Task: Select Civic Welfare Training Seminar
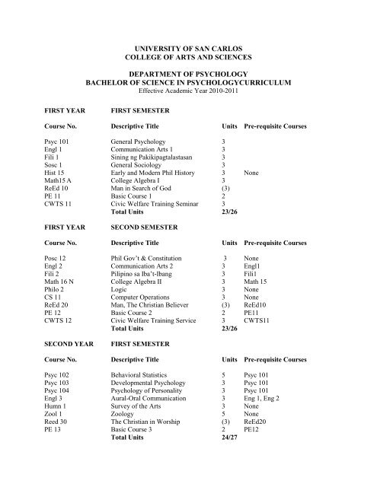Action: click(158, 215)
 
